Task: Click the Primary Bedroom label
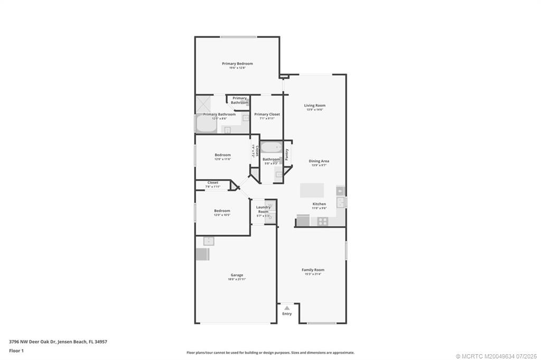(237, 63)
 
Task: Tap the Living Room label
(314, 105)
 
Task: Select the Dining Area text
(319, 161)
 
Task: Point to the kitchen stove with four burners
(322, 222)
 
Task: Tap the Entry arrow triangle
(286, 307)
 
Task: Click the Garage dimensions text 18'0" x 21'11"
(237, 279)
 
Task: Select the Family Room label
(313, 270)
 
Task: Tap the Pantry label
(287, 154)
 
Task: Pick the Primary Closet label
(267, 114)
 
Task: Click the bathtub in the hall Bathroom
(271, 147)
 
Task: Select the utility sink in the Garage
(209, 241)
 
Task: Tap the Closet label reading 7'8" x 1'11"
(212, 182)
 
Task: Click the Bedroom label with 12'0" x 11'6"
(222, 155)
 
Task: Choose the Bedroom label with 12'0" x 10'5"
(222, 211)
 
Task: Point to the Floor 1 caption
(16, 350)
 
